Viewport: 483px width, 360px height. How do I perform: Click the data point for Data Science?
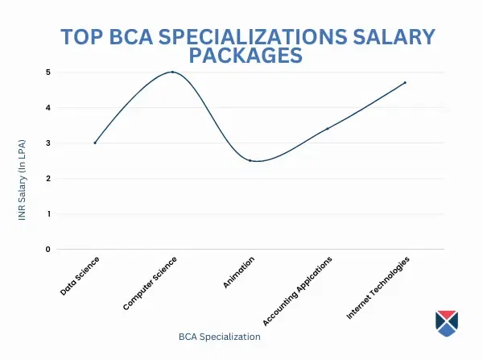pyautogui.click(x=95, y=143)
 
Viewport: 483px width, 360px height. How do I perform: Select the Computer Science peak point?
pyautogui.click(x=172, y=72)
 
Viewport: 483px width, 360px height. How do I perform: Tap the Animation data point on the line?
pyautogui.click(x=250, y=160)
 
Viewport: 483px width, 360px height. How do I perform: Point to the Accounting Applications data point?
pyautogui.click(x=327, y=128)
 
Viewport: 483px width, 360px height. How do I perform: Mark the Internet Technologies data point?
pyautogui.click(x=405, y=82)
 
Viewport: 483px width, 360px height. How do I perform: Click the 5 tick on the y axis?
pyautogui.click(x=47, y=72)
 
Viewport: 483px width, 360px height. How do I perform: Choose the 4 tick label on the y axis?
pyautogui.click(x=47, y=107)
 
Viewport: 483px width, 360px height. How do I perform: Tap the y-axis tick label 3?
pyautogui.click(x=47, y=143)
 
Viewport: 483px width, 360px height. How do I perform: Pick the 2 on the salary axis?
pyautogui.click(x=47, y=178)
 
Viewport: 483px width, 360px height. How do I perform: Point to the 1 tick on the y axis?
pyautogui.click(x=47, y=213)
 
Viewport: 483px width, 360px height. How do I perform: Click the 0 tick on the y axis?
pyautogui.click(x=47, y=249)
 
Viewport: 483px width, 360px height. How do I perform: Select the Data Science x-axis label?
pyautogui.click(x=81, y=275)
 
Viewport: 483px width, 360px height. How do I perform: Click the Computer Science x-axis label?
pyautogui.click(x=151, y=283)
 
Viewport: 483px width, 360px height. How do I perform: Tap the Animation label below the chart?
pyautogui.click(x=239, y=272)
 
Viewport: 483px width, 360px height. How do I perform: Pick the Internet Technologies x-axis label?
pyautogui.click(x=378, y=288)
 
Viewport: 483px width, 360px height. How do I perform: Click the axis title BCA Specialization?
pyautogui.click(x=220, y=336)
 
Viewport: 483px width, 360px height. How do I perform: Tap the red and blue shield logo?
pyautogui.click(x=446, y=321)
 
